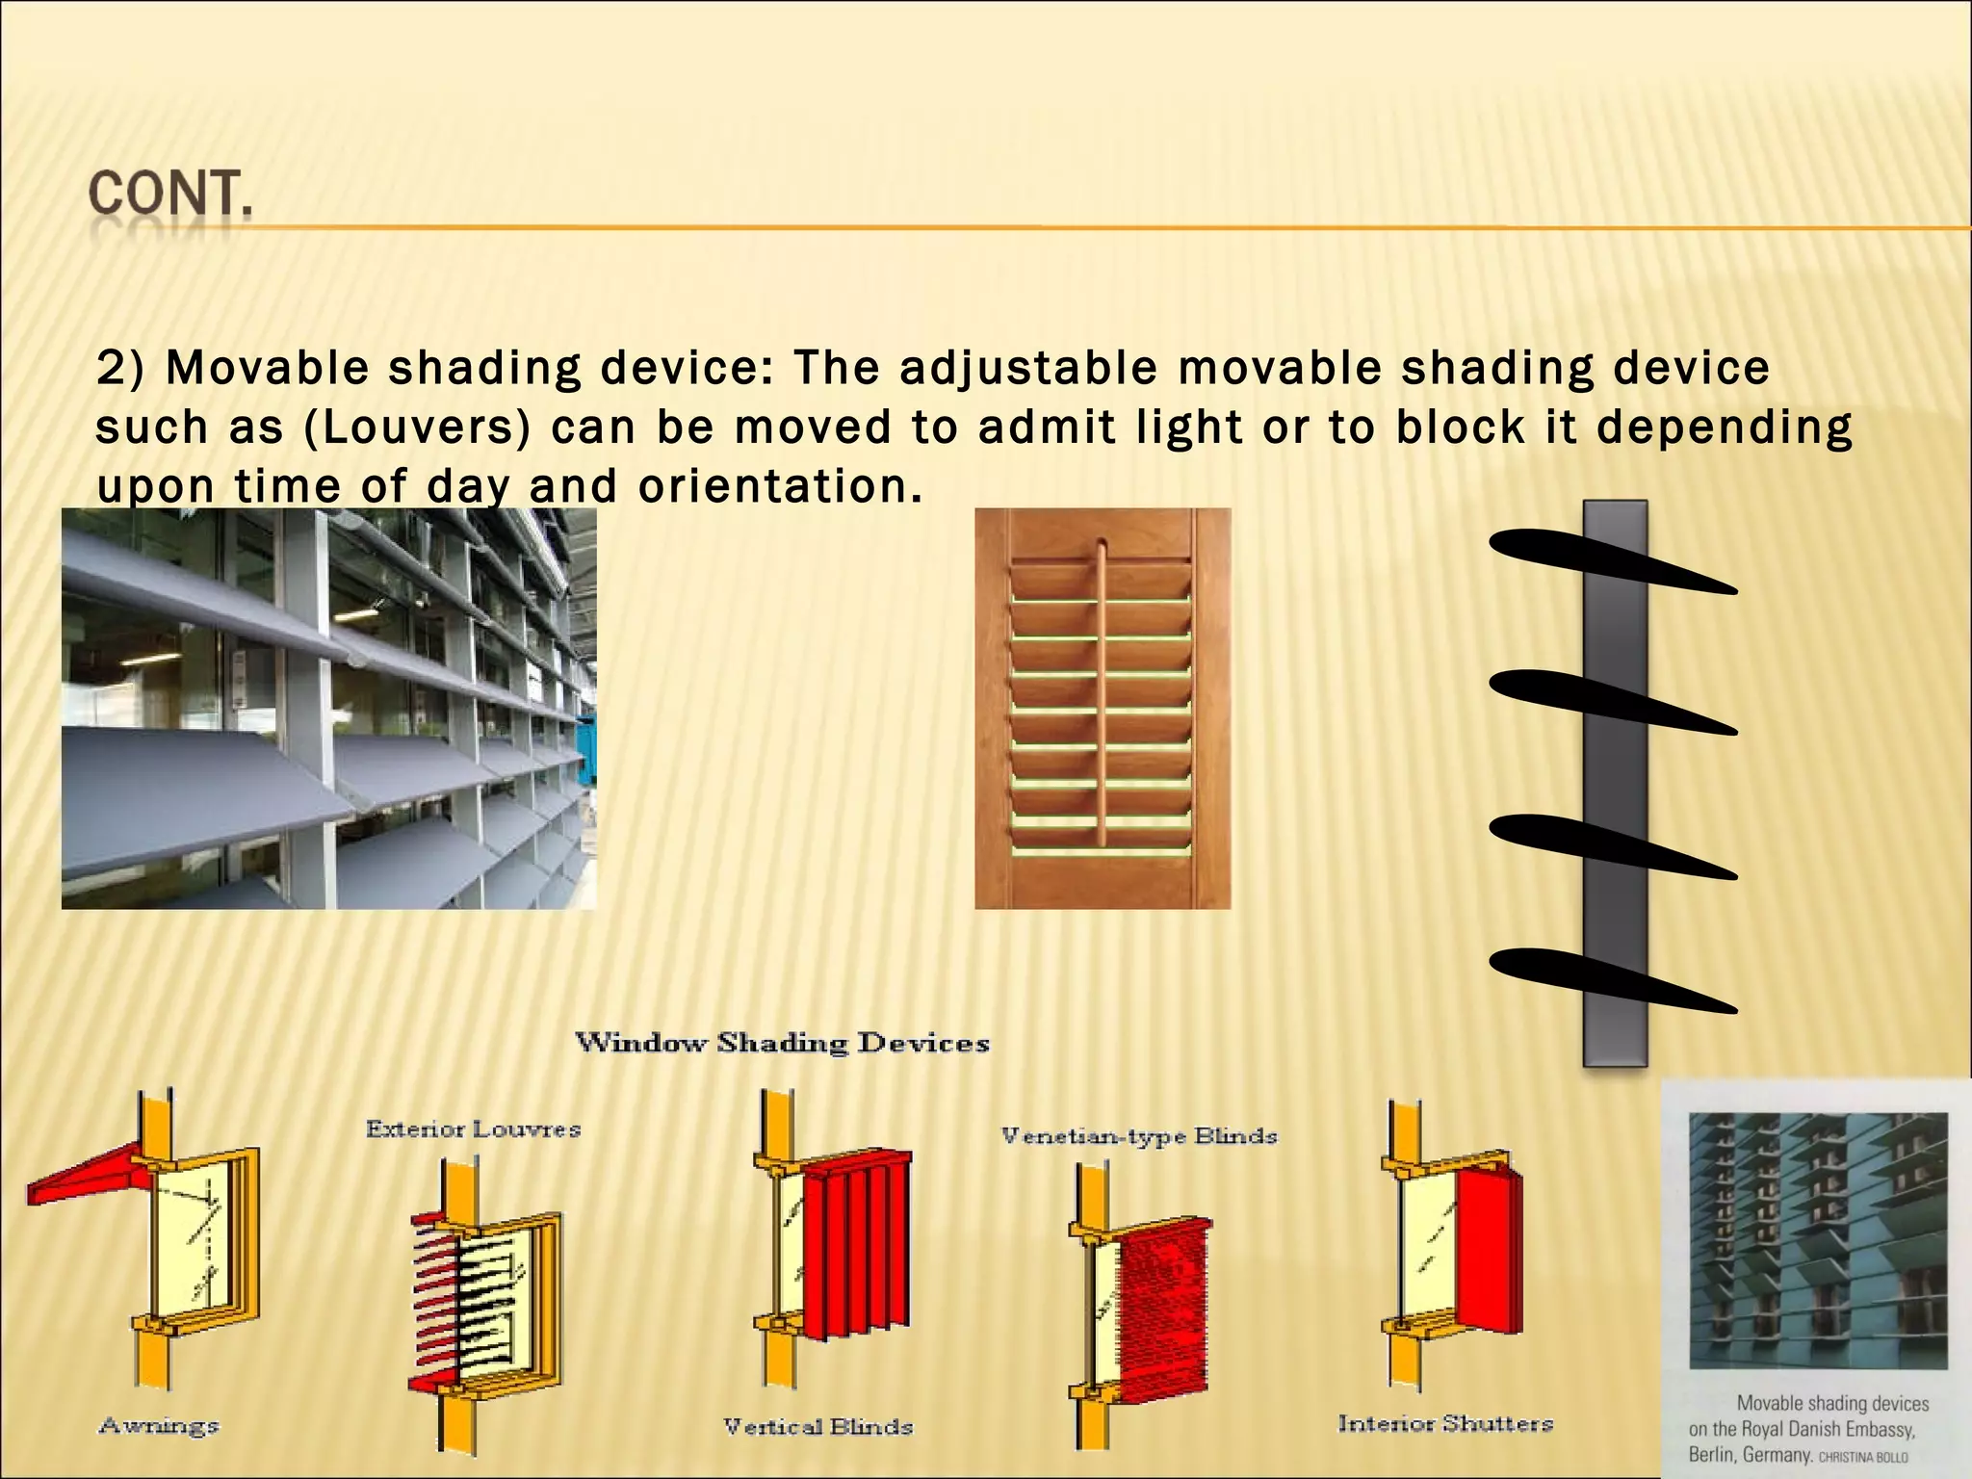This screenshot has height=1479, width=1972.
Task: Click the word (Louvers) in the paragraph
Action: pyautogui.click(x=417, y=428)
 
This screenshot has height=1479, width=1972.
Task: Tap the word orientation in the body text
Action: pyautogui.click(x=772, y=486)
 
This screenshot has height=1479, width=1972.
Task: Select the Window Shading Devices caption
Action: pyautogui.click(x=782, y=1043)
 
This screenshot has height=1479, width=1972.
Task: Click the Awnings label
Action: pyautogui.click(x=159, y=1425)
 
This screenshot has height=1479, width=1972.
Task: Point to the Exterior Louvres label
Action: pyautogui.click(x=473, y=1129)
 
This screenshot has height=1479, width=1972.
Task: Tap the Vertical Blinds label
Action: pyautogui.click(x=817, y=1426)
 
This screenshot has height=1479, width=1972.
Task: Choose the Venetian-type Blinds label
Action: pyautogui.click(x=1139, y=1136)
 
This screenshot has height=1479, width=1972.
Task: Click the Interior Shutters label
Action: pyautogui.click(x=1445, y=1423)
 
